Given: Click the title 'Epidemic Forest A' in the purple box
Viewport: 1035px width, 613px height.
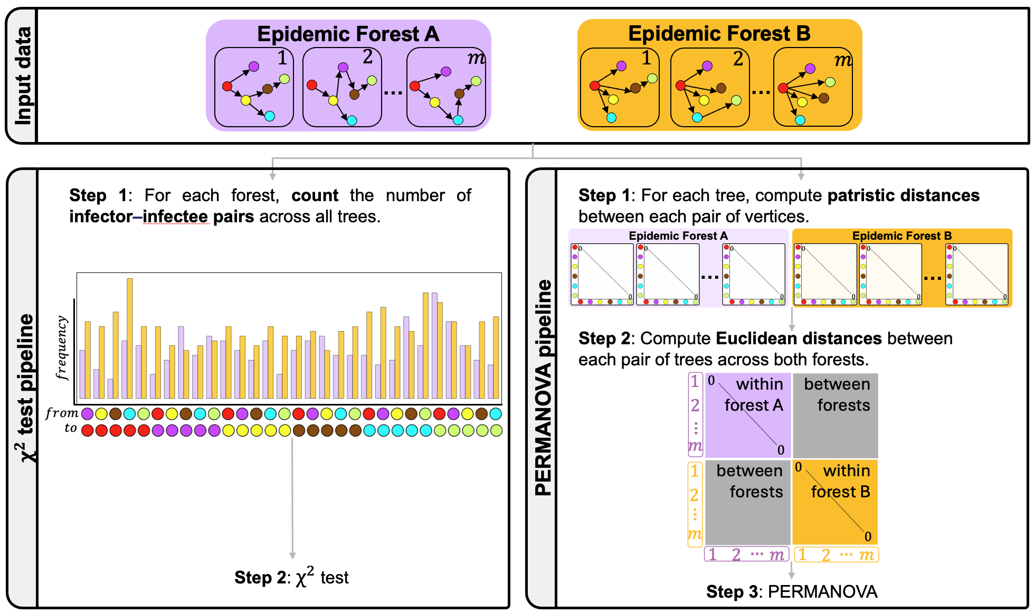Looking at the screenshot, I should click(x=348, y=34).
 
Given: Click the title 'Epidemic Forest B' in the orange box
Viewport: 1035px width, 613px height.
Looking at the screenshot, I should click(x=719, y=34).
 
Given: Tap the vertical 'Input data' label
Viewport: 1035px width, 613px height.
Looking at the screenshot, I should click(x=22, y=76).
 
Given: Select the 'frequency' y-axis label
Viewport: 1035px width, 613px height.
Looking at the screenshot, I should click(x=62, y=347).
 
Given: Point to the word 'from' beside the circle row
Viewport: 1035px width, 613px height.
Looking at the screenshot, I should click(x=62, y=413).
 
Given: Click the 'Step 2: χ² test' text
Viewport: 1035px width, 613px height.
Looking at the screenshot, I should click(x=291, y=577).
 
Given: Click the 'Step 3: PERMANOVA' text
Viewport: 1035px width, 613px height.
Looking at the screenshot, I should click(x=792, y=592).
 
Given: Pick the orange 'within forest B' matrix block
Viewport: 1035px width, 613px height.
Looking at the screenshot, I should click(x=835, y=502).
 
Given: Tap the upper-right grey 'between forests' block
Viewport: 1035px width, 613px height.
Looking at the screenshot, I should click(x=835, y=416).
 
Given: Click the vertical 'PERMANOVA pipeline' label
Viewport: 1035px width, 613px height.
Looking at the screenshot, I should click(x=543, y=388).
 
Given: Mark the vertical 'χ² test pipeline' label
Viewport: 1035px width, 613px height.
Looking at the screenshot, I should click(x=24, y=388).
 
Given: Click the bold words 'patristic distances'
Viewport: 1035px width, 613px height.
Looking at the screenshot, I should click(x=903, y=195).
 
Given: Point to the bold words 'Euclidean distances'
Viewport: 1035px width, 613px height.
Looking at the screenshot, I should click(x=799, y=338).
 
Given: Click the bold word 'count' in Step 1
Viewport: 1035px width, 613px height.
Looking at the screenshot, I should click(x=315, y=195).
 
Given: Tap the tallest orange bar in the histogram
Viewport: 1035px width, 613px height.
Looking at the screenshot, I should click(x=129, y=338).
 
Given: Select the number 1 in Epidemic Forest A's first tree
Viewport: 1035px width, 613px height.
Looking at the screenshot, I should click(x=282, y=58).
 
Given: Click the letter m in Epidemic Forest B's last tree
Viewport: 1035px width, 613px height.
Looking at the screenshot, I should click(x=843, y=60).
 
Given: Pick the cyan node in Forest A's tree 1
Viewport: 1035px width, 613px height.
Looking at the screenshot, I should click(x=269, y=116).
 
